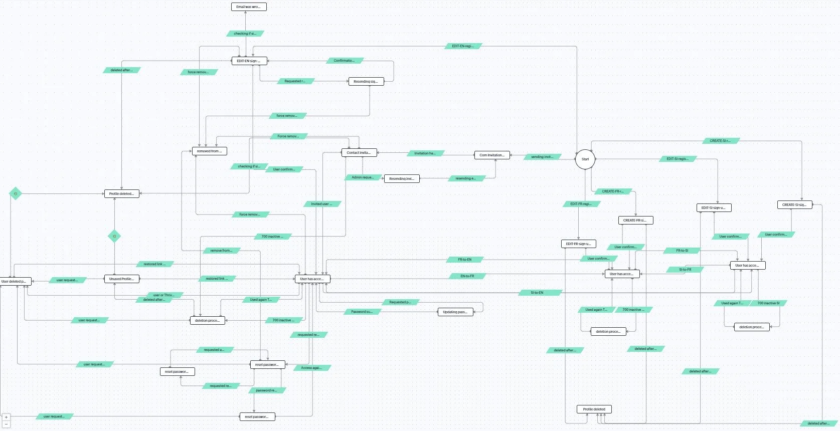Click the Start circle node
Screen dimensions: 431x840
(585, 159)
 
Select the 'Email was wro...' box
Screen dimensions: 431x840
(248, 7)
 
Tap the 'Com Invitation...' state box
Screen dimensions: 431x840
(492, 155)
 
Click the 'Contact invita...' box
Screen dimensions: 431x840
(359, 152)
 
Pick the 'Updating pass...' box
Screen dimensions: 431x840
(455, 312)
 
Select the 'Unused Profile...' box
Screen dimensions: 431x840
(121, 279)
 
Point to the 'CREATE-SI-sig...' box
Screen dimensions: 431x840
(794, 204)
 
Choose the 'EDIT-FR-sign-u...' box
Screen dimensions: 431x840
(578, 244)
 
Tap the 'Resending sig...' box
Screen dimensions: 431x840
(366, 81)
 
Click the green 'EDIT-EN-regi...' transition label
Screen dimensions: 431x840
(463, 46)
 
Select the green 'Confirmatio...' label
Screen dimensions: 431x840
(344, 61)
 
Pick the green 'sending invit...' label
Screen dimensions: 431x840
(542, 157)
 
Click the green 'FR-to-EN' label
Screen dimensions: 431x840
(465, 260)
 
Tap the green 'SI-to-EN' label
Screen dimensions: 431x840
(537, 292)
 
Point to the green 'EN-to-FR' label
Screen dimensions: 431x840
(467, 276)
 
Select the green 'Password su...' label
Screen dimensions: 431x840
(362, 312)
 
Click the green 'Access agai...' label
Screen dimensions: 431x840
(311, 368)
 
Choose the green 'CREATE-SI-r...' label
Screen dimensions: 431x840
(720, 141)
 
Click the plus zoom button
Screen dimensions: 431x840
(6, 417)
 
